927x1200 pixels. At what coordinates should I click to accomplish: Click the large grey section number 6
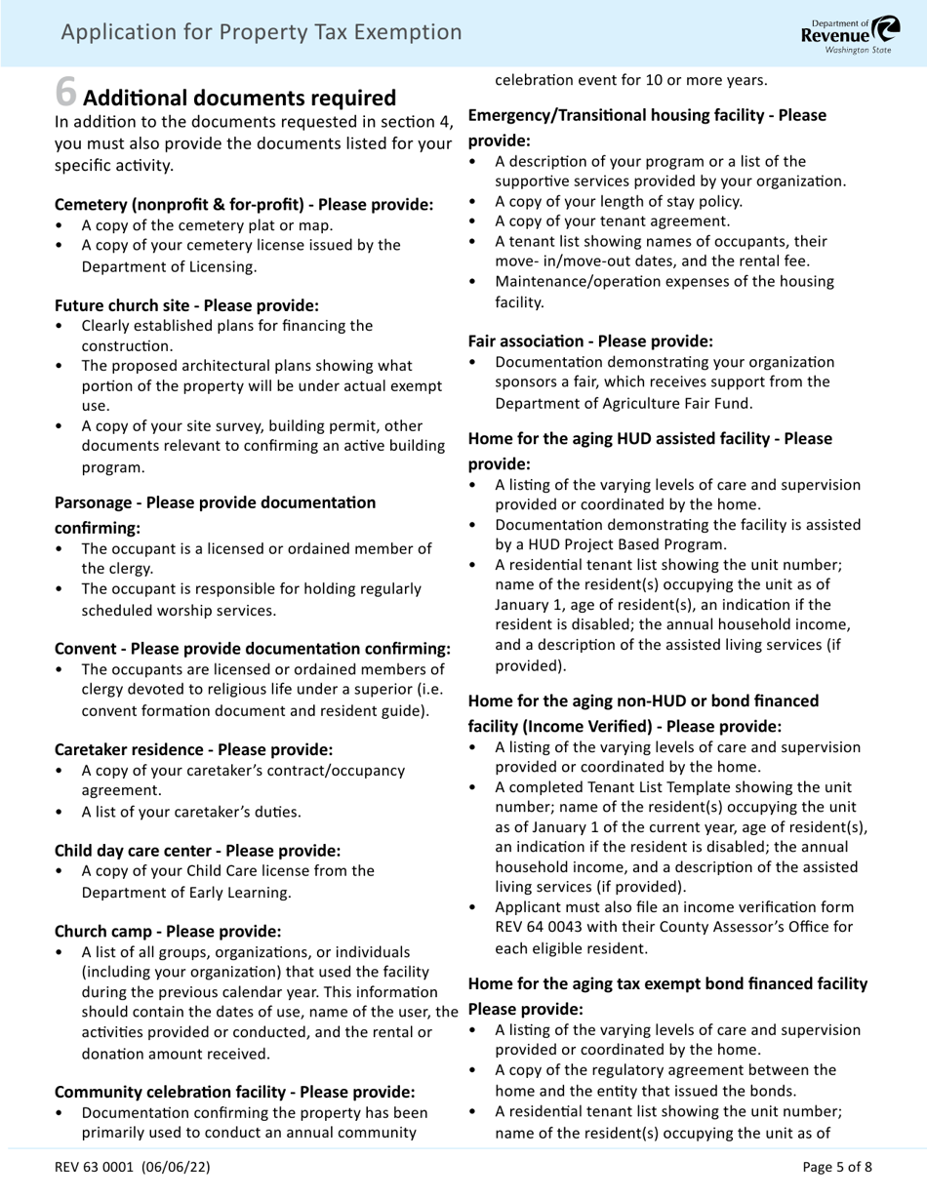tap(65, 92)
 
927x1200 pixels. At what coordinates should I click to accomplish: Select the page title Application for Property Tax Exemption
tap(262, 32)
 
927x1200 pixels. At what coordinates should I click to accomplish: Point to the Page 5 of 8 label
tap(836, 1166)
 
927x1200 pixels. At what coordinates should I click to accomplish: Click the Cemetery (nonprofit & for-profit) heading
tap(244, 205)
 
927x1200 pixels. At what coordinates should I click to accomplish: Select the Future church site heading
tap(186, 305)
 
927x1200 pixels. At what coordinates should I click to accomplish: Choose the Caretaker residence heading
tap(193, 749)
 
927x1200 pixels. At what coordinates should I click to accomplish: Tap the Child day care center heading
tap(197, 850)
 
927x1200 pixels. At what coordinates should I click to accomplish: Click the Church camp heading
tap(168, 931)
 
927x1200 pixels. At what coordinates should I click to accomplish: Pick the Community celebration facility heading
tap(234, 1092)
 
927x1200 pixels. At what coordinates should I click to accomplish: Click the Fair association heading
tap(590, 341)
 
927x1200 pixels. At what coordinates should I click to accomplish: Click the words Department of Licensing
tap(169, 266)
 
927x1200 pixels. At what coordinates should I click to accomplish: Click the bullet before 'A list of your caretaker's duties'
tap(60, 812)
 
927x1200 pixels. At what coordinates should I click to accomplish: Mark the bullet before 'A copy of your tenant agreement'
tap(474, 221)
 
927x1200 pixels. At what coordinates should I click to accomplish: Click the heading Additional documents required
tap(240, 99)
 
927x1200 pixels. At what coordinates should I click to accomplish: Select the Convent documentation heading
tap(253, 649)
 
